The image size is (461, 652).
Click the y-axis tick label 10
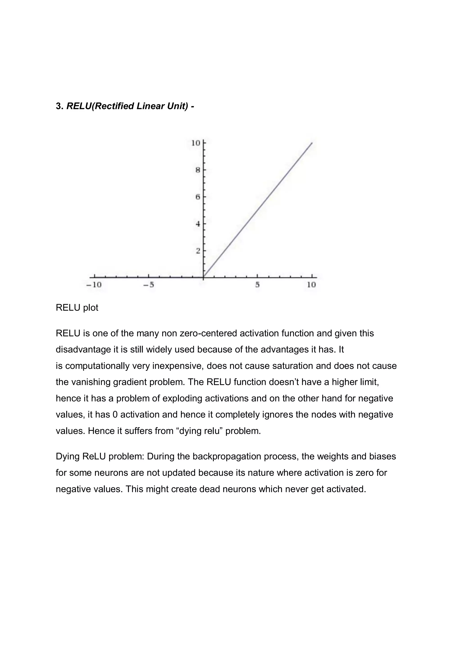(196, 143)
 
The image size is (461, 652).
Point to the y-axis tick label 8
(198, 170)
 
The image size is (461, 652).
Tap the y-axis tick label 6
(198, 197)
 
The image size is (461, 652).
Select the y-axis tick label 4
(198, 224)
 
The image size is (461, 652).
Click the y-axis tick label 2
(198, 251)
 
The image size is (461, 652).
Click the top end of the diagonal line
(312, 143)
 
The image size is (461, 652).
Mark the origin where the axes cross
(203, 277)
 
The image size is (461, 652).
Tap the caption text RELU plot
(77, 307)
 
